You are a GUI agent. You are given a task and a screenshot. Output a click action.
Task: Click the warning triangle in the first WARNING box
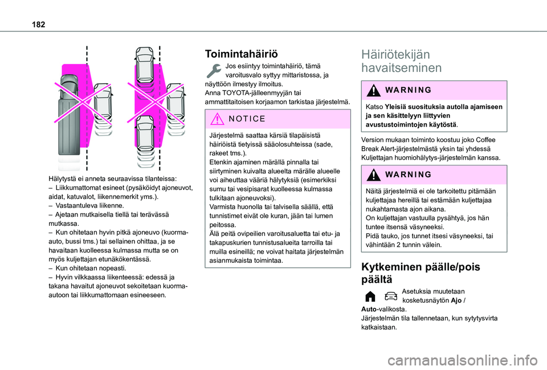click(374, 91)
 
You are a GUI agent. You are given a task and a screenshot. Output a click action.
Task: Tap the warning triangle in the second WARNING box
click(374, 175)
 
